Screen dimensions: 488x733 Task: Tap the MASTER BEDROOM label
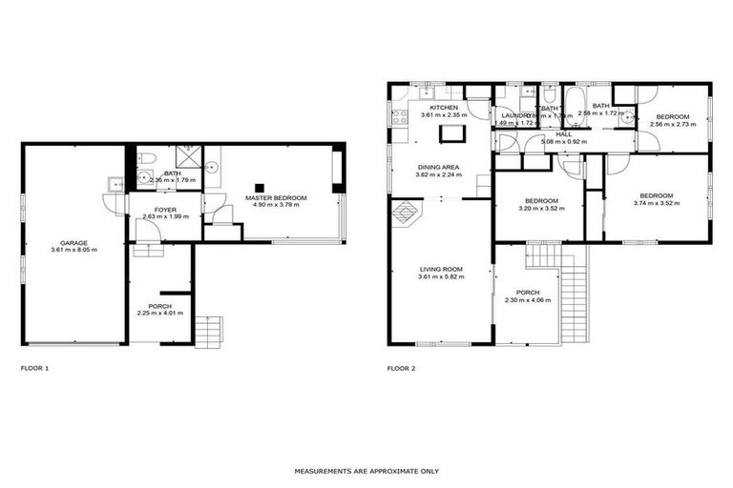[276, 197]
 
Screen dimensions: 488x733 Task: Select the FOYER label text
[165, 208]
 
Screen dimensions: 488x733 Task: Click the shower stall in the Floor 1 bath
[192, 157]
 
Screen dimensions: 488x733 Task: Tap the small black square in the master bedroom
[258, 187]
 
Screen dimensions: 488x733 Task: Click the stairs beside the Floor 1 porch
[208, 331]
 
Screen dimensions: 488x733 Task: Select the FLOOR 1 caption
[34, 367]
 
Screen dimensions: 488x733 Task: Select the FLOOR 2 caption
[401, 367]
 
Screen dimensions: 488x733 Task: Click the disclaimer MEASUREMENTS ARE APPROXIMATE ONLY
[366, 471]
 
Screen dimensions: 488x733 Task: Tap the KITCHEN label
[443, 108]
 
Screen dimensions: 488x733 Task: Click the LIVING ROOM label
[440, 270]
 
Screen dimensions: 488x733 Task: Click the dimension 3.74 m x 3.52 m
[658, 201]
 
